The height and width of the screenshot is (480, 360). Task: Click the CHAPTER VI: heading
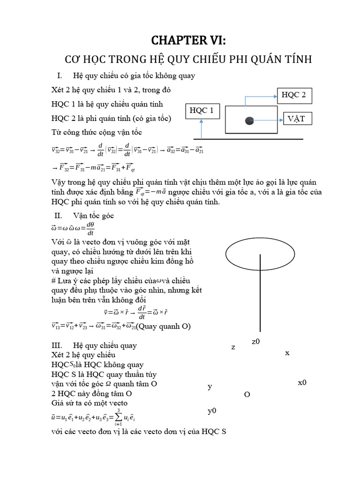(187, 41)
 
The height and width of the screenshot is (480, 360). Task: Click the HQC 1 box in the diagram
(202, 111)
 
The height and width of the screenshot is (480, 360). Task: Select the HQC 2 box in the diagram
(293, 96)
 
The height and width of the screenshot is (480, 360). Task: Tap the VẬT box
(296, 119)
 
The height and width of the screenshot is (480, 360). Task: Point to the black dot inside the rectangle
(249, 121)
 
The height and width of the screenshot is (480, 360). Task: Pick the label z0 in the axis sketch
(255, 342)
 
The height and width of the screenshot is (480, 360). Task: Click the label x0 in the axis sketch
(302, 382)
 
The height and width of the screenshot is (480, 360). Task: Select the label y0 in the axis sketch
(212, 411)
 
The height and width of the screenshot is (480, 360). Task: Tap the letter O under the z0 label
(247, 394)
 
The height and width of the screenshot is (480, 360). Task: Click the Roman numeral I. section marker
(60, 75)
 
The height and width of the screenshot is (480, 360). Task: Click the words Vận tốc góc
(94, 216)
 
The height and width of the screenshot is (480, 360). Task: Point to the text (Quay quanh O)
(164, 326)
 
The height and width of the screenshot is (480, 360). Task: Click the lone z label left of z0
(233, 347)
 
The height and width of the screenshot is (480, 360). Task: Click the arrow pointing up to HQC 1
(202, 129)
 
